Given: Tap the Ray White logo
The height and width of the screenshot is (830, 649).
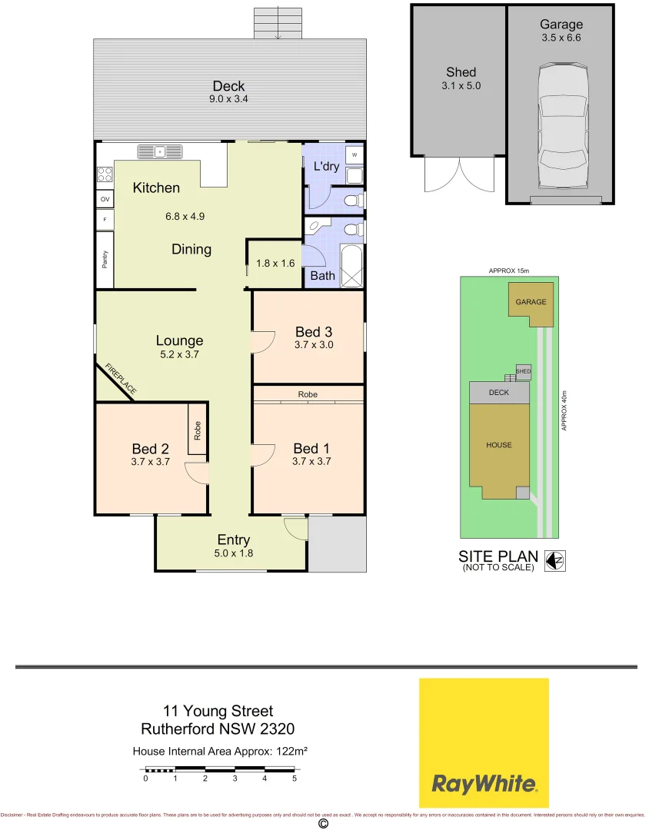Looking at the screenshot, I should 484,742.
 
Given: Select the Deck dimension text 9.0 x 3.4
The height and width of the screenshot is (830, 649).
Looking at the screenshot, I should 229,99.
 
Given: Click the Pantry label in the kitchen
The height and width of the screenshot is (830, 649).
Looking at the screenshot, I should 105,260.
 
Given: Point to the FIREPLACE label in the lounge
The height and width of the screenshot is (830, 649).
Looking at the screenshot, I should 121,380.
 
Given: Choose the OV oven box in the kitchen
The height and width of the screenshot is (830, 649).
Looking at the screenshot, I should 105,199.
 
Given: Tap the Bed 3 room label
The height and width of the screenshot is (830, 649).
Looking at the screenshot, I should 314,332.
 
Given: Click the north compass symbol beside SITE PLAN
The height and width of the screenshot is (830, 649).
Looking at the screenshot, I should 554,562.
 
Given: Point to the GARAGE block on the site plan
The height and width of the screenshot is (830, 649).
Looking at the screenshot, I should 531,302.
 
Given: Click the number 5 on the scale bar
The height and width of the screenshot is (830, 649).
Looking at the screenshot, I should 295,779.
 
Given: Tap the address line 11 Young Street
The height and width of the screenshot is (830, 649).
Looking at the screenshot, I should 218,712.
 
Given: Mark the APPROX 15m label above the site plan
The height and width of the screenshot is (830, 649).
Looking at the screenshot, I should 509,271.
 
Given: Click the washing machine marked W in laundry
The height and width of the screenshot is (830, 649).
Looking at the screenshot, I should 354,154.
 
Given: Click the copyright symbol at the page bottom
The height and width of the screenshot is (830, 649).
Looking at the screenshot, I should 324,824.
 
